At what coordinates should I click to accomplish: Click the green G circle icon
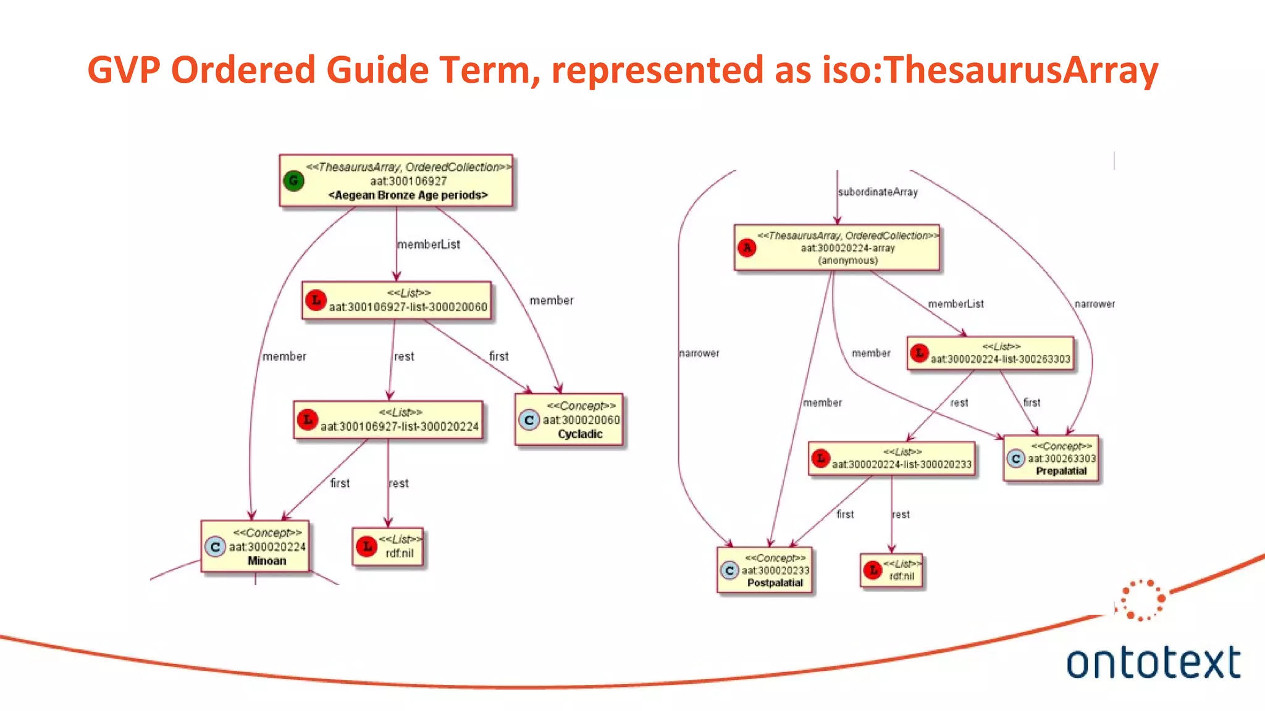(x=294, y=181)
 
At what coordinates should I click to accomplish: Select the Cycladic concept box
(x=569, y=420)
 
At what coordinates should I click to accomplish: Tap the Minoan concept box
(x=255, y=547)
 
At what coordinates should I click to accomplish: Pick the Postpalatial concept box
(x=765, y=570)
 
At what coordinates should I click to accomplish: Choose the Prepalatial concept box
(x=1051, y=459)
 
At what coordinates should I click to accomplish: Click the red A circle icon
(x=747, y=247)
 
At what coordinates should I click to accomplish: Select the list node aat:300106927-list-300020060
(x=397, y=301)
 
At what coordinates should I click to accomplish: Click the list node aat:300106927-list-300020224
(x=388, y=420)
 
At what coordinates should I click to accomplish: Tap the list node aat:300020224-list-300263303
(x=990, y=353)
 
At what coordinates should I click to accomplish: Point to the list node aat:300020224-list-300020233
(x=892, y=459)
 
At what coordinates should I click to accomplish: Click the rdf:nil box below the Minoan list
(x=388, y=547)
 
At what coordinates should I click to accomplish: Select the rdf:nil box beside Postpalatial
(x=891, y=570)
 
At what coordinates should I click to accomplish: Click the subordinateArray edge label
(x=878, y=193)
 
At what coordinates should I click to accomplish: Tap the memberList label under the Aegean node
(x=429, y=245)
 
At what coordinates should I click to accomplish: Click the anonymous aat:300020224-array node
(x=837, y=247)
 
